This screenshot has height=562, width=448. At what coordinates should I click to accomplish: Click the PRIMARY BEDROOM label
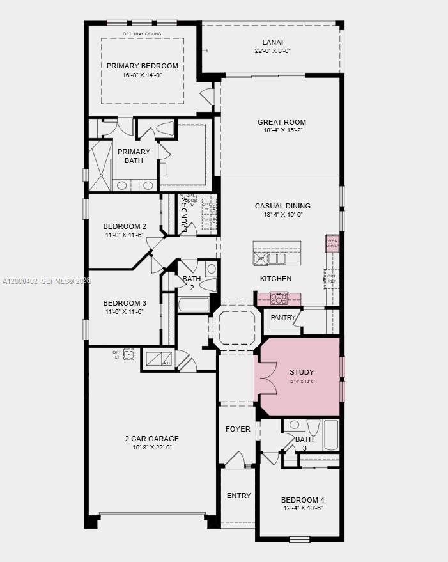pyautogui.click(x=143, y=66)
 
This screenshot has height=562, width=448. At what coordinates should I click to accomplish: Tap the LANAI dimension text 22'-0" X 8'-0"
pyautogui.click(x=273, y=51)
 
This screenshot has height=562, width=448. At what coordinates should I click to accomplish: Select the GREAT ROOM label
pyautogui.click(x=282, y=122)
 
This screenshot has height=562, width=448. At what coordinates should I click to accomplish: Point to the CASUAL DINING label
pyautogui.click(x=282, y=206)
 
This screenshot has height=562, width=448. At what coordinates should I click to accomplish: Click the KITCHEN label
pyautogui.click(x=275, y=279)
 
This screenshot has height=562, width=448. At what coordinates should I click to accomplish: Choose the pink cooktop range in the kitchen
pyautogui.click(x=279, y=298)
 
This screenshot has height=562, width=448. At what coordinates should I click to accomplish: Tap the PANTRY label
pyautogui.click(x=283, y=318)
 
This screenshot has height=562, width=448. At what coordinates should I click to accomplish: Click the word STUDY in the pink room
pyautogui.click(x=302, y=372)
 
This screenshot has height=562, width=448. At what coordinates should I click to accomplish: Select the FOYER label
pyautogui.click(x=238, y=429)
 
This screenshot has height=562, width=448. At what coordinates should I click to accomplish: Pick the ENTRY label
pyautogui.click(x=239, y=496)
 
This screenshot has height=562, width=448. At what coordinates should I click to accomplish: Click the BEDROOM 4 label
pyautogui.click(x=302, y=500)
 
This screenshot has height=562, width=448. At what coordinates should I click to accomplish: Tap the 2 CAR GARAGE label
pyautogui.click(x=151, y=439)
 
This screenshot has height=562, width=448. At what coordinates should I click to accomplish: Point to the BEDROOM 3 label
pyautogui.click(x=125, y=303)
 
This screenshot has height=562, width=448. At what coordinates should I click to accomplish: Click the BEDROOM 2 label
pyautogui.click(x=125, y=226)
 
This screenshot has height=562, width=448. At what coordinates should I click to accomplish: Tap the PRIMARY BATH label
pyautogui.click(x=134, y=156)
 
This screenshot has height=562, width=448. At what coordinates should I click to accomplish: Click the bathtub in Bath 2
pyautogui.click(x=194, y=304)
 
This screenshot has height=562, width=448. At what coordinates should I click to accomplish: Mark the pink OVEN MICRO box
pyautogui.click(x=332, y=243)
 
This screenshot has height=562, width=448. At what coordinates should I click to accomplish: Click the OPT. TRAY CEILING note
pyautogui.click(x=142, y=34)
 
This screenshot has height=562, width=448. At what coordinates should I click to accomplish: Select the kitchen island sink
pyautogui.click(x=277, y=259)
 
